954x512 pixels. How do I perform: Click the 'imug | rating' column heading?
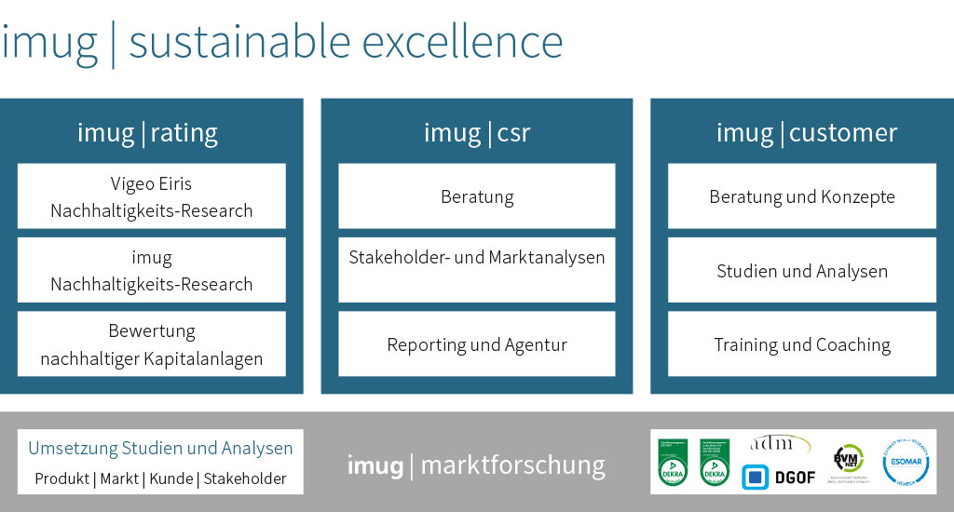[147, 133]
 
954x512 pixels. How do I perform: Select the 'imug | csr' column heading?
[476, 133]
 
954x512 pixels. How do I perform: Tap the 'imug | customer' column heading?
[806, 133]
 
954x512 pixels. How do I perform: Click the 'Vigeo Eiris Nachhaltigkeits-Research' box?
[151, 196]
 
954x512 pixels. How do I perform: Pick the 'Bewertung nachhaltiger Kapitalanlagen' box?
[151, 344]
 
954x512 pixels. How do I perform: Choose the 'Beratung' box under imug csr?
[476, 196]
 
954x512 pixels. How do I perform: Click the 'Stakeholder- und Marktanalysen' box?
[476, 270]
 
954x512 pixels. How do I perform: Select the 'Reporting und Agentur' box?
[476, 344]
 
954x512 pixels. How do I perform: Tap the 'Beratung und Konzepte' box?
[801, 196]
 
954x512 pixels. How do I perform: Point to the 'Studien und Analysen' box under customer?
[801, 271]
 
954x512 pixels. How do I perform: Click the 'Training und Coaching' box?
[801, 344]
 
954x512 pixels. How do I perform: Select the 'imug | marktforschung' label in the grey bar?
[475, 465]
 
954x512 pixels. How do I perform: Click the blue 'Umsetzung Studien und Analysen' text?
[160, 449]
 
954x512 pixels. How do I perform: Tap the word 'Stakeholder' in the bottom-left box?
[245, 479]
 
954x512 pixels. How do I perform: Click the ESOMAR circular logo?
[906, 461]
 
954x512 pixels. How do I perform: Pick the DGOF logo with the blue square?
[778, 477]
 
